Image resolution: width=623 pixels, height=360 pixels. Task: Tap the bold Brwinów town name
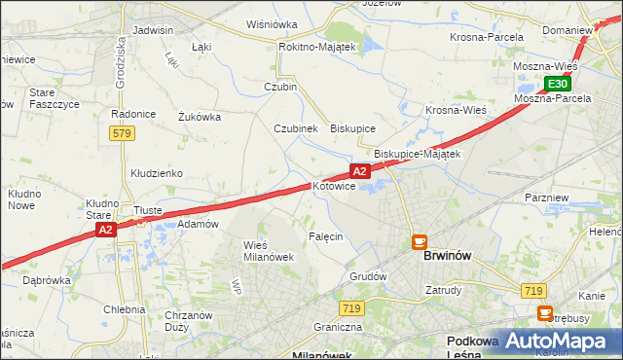(448, 256)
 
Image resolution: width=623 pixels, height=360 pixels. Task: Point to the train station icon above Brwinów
(420, 241)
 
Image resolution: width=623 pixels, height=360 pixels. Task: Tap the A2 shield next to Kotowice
(360, 171)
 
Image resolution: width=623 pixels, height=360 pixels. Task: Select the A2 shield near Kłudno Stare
(106, 230)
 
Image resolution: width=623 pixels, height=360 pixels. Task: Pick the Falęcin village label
(326, 236)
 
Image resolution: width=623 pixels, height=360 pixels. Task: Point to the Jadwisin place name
(153, 30)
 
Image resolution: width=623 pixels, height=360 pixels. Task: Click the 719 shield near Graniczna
(352, 308)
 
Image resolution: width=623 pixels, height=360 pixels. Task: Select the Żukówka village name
(200, 117)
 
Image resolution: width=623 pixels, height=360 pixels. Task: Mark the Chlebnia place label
(124, 309)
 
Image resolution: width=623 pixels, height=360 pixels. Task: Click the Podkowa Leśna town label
(472, 347)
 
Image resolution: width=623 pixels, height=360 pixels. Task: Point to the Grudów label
(369, 276)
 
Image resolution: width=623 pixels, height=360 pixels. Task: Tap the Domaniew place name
(568, 30)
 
